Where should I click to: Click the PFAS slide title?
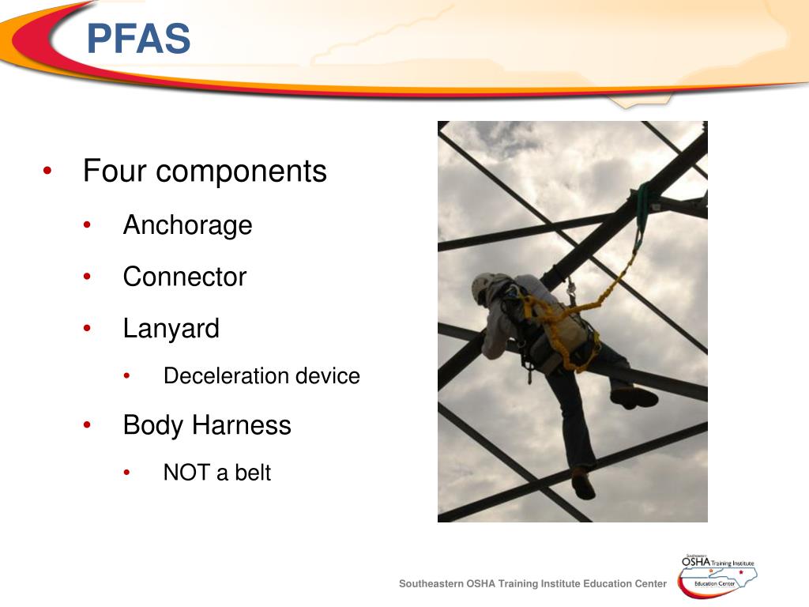(138, 39)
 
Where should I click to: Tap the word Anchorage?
(187, 226)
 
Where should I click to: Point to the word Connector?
(184, 277)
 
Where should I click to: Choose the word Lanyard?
(171, 329)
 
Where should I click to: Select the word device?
(328, 376)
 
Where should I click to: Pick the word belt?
(252, 473)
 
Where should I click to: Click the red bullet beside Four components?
(48, 172)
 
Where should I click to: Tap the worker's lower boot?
(582, 484)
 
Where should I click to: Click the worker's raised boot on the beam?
(635, 398)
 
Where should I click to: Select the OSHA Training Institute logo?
(717, 573)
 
